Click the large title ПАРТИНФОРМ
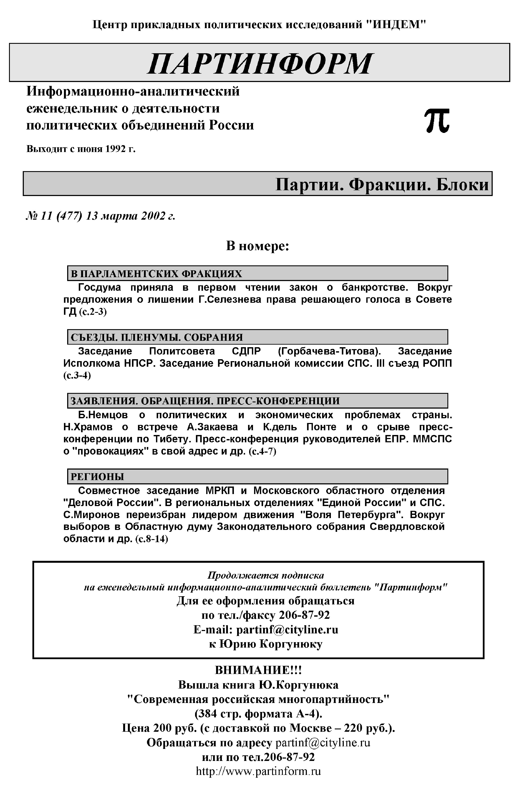coord(259,63)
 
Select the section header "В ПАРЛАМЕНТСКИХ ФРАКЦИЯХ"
coord(156,274)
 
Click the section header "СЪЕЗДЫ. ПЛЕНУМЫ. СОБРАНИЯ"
coord(156,337)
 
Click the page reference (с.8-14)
coord(151,539)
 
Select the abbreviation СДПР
coord(246,351)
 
